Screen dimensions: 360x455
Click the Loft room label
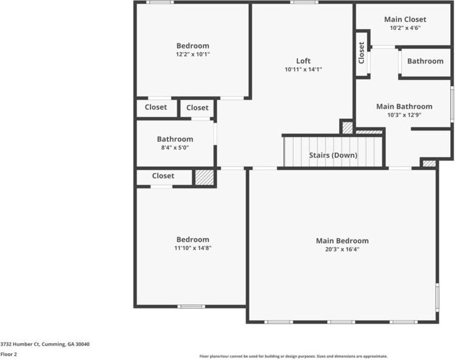click(303, 61)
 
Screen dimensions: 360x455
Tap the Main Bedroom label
click(342, 241)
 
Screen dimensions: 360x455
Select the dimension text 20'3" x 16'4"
click(342, 249)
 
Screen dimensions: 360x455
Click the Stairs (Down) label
click(333, 155)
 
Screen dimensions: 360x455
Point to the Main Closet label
click(405, 19)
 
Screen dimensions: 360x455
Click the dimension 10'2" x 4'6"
click(405, 28)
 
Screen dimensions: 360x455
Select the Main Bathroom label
click(404, 106)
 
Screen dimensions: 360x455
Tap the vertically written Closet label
click(362, 53)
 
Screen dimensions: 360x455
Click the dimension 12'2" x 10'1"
click(193, 55)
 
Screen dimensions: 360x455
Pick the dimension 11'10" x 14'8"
click(193, 248)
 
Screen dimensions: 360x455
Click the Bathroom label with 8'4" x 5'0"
click(175, 139)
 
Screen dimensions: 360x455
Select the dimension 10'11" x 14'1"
click(303, 69)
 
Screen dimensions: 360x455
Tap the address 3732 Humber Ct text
click(45, 344)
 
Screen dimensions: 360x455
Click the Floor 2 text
click(8, 354)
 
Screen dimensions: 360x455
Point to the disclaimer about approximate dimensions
click(294, 356)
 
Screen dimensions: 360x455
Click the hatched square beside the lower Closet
click(204, 178)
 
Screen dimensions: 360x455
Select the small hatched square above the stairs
click(347, 128)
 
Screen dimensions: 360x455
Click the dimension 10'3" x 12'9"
click(404, 115)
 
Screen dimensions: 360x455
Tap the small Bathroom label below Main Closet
click(425, 61)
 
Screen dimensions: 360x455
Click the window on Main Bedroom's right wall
click(437, 298)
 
